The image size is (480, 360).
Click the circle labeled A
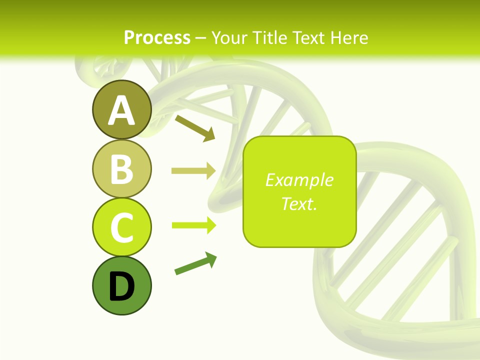click(121, 109)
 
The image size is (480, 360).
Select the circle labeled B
click(121, 168)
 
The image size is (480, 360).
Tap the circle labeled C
click(121, 227)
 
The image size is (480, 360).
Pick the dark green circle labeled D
click(121, 285)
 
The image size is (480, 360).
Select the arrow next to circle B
click(193, 171)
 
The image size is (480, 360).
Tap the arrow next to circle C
click(193, 225)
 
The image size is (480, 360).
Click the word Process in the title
click(157, 37)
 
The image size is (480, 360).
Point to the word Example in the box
click(299, 180)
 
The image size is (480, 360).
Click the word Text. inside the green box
click(299, 203)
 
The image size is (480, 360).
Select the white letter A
click(121, 110)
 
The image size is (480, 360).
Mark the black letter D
click(121, 286)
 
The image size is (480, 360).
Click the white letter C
click(121, 228)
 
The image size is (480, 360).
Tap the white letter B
click(121, 169)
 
